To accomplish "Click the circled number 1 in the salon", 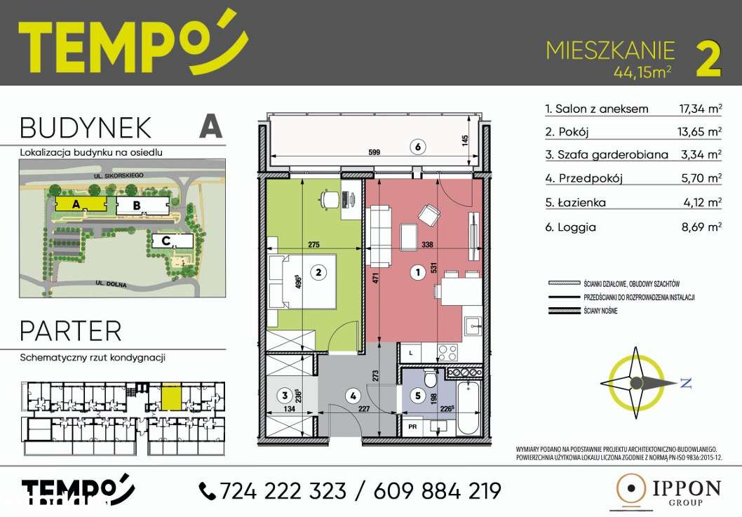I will click(418, 274).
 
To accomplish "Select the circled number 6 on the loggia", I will click(417, 147).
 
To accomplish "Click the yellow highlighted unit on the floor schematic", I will click(171, 396).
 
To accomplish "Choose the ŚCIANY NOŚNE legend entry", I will click(600, 309).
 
